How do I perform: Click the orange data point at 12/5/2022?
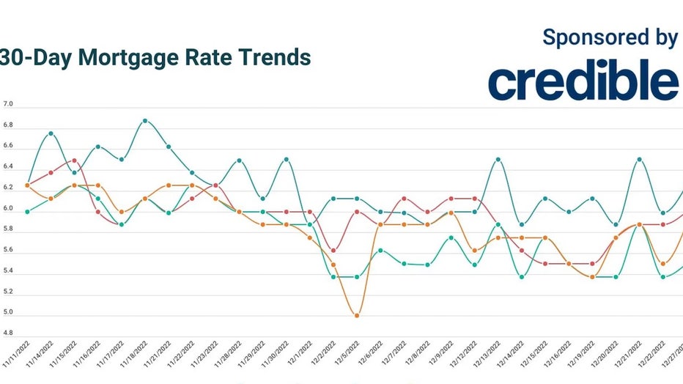pos(357,316)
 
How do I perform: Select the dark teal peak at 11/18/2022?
pos(145,120)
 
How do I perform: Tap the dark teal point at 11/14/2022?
pos(51,133)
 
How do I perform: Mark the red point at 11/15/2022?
pos(74,160)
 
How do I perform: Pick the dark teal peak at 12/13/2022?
pos(498,159)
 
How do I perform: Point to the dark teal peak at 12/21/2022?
pos(640,159)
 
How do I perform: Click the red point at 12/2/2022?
pos(333,251)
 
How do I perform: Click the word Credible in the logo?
pos(583,82)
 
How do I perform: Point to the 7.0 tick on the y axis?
pos(8,106)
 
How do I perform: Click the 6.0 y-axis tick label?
pos(8,209)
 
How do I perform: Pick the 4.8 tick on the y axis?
pos(8,333)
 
